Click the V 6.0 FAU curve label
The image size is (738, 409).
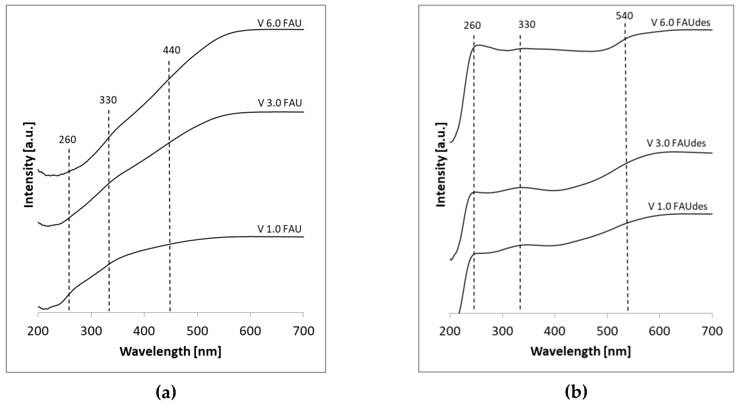tap(279, 23)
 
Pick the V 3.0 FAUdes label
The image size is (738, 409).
tap(676, 143)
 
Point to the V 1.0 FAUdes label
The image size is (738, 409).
tap(678, 206)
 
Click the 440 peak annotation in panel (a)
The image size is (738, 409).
tap(172, 50)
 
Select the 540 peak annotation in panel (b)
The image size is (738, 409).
tap(624, 16)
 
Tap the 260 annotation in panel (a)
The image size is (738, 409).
tap(68, 140)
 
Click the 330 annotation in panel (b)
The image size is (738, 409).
tap(526, 25)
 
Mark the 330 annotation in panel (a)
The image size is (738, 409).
tap(108, 100)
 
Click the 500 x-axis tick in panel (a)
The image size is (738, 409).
tap(197, 331)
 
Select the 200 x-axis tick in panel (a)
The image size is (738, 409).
tap(38, 331)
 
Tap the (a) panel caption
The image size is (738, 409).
tap(166, 392)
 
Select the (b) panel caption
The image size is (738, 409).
tap(576, 392)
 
